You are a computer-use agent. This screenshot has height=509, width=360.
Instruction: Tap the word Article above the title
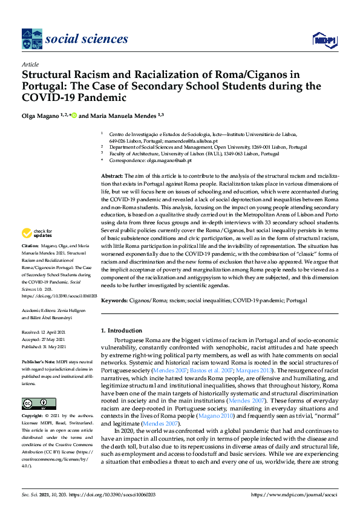(30, 63)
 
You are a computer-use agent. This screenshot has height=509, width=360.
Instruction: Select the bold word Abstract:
(112, 175)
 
